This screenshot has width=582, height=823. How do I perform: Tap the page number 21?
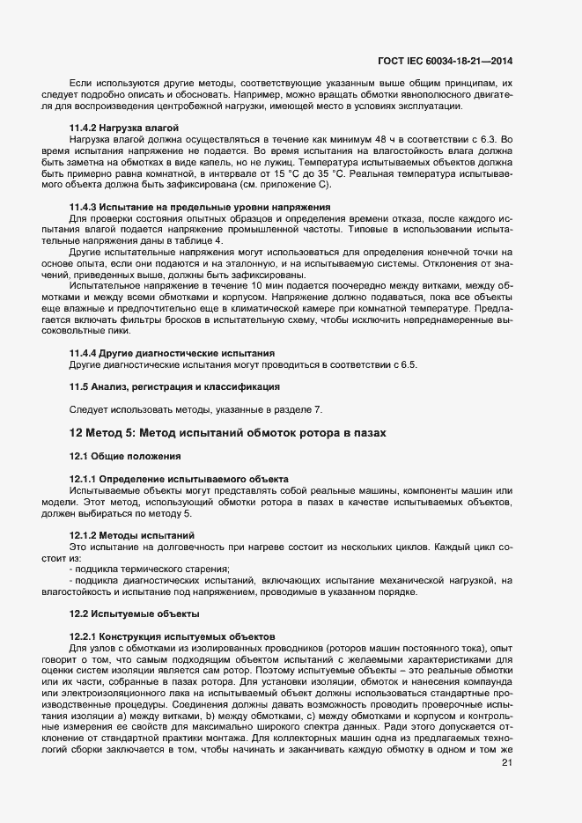(506, 763)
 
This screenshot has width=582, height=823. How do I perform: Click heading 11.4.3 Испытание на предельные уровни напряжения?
(188, 206)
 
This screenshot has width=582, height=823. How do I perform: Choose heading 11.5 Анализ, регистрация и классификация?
(174, 386)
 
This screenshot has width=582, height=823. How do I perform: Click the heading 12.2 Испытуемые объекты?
(134, 612)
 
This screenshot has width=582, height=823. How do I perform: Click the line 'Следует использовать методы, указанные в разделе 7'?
(195, 409)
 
